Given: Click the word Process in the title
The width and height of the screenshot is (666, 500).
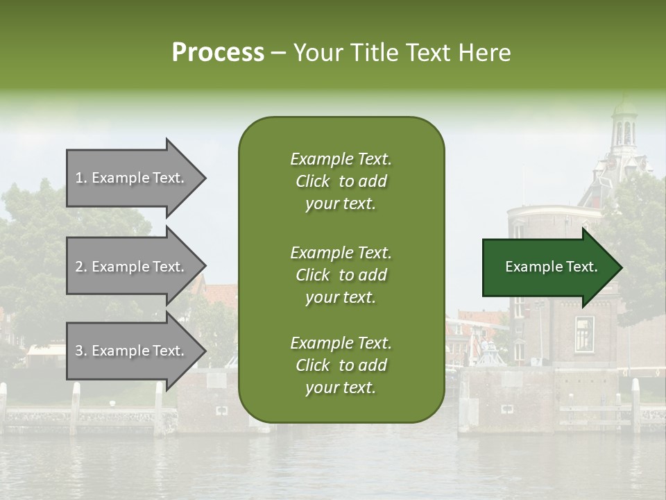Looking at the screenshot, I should pos(218,53).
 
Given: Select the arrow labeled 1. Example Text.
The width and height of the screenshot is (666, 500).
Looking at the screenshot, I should pos(132,178).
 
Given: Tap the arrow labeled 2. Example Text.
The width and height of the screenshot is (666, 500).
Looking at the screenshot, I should pos(132,267).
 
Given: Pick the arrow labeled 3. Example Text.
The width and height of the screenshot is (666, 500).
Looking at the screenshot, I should pos(132,351).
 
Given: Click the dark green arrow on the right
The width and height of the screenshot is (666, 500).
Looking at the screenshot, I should pos(548,267).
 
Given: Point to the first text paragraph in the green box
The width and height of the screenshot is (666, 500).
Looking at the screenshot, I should pos(341,181).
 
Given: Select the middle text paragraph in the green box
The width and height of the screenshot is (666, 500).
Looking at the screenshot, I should pos(341,275).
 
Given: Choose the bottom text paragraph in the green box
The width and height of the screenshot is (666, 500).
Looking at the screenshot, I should pos(341,365).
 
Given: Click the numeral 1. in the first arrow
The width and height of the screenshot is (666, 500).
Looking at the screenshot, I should pos(81,178).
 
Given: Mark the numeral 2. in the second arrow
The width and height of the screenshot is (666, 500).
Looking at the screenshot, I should pos(81,267).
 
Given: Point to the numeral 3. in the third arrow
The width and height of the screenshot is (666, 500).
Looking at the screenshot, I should pos(81,351).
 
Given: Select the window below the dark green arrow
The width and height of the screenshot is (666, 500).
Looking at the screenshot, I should pos(583,334).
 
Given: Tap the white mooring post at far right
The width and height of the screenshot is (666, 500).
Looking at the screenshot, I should pos(635,403).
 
